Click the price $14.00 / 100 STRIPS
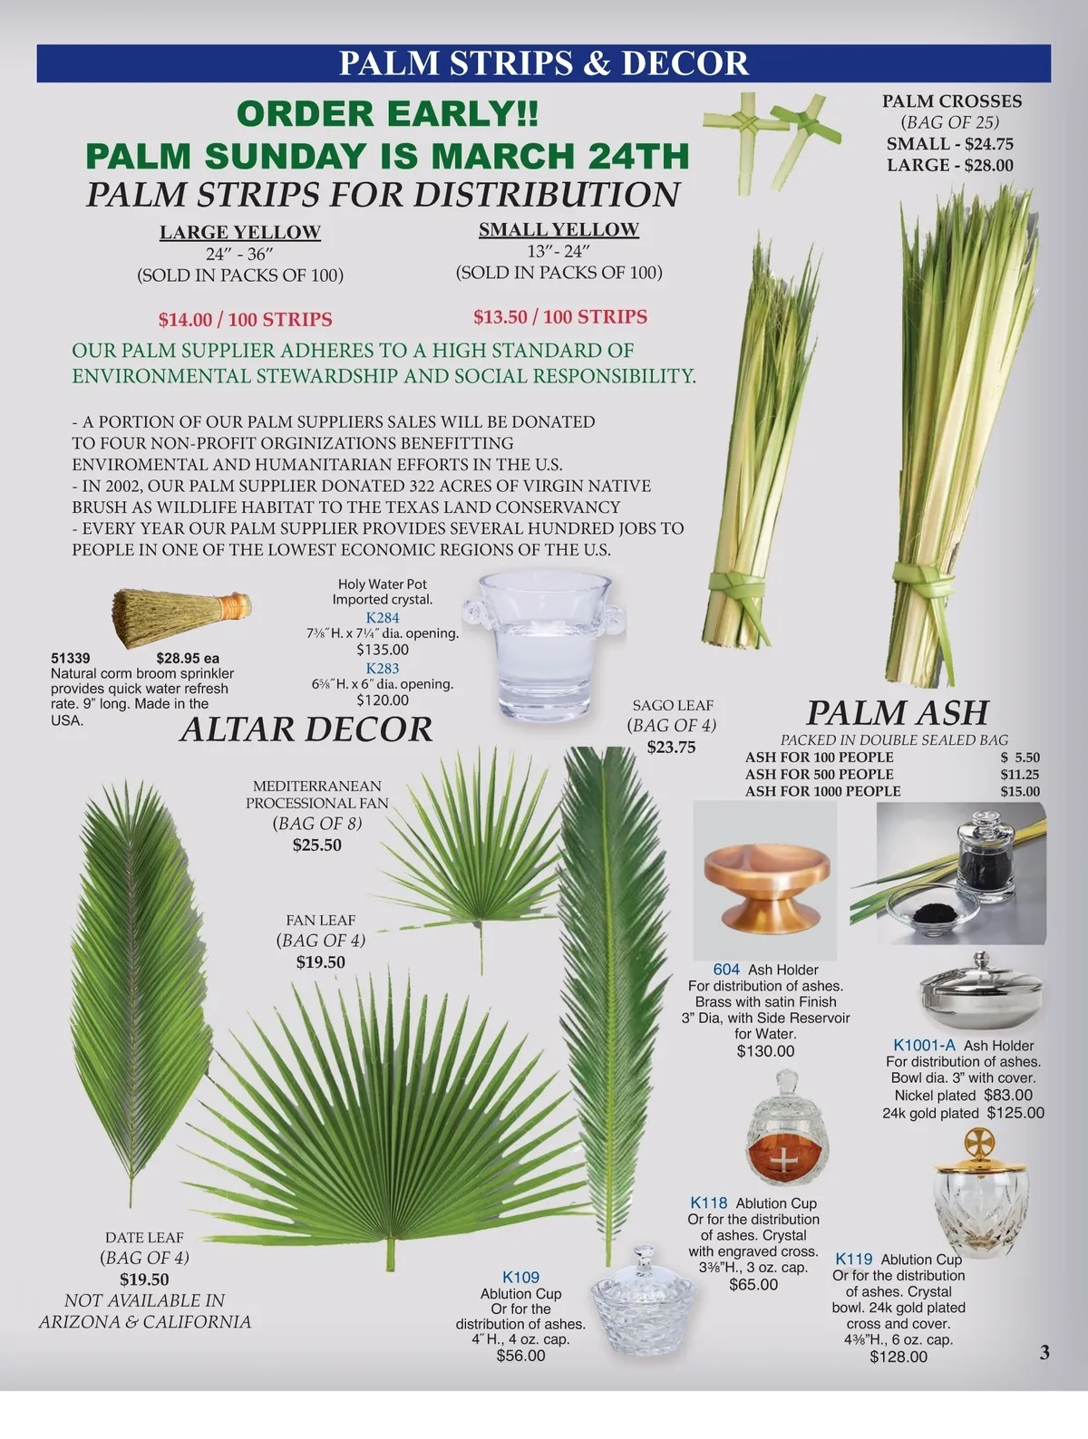click(x=246, y=319)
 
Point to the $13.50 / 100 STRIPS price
click(x=560, y=316)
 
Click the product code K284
click(x=383, y=617)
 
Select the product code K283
click(x=383, y=668)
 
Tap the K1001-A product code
click(x=924, y=1045)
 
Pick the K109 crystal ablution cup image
click(x=644, y=1300)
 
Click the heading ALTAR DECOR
click(x=306, y=729)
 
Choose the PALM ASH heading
click(x=898, y=712)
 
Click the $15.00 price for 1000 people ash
click(x=1020, y=791)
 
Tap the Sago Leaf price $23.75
click(x=671, y=748)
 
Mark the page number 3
click(x=1044, y=1353)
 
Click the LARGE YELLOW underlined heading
click(x=240, y=232)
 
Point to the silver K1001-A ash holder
click(x=980, y=990)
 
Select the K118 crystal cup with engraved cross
click(x=787, y=1127)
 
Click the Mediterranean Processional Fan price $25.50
click(x=316, y=845)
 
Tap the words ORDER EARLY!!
click(x=387, y=113)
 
